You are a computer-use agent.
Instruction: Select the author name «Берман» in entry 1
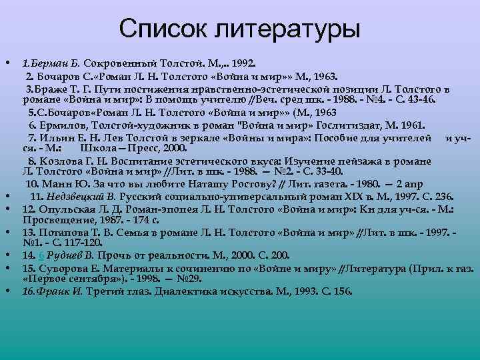51,64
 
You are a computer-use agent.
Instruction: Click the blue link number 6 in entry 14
42,255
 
